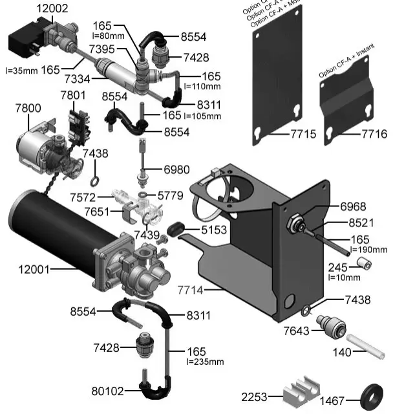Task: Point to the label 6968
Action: [x=353, y=207]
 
